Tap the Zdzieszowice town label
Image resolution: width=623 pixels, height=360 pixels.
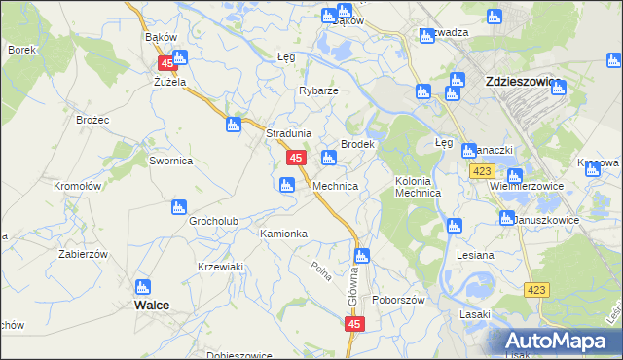[521, 83]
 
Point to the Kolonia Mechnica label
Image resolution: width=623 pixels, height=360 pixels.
[419, 187]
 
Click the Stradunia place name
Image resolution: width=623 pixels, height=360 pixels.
[289, 134]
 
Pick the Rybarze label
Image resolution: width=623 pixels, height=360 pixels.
[318, 90]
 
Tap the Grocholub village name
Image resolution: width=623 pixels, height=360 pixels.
[214, 221]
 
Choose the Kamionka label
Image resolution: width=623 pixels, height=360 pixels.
[283, 234]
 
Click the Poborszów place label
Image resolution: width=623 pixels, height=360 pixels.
[399, 300]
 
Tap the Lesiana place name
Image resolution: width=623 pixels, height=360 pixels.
[475, 255]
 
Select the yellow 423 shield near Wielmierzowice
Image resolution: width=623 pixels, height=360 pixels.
[480, 171]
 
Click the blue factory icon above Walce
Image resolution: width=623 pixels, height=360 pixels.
[143, 287]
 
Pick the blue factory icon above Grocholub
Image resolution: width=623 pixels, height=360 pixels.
[178, 207]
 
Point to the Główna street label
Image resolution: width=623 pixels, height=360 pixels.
[352, 289]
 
